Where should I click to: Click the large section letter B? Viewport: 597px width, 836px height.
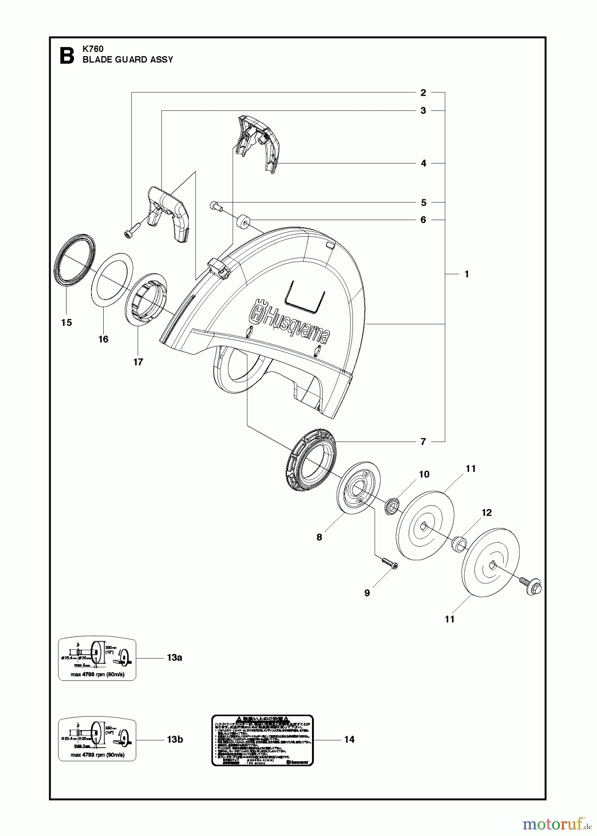click(67, 55)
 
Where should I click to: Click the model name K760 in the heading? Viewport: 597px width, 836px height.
click(93, 49)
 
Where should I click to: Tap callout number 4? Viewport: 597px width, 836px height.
click(423, 163)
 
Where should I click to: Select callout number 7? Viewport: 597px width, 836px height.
click(423, 442)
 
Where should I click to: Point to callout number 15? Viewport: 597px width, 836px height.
click(66, 323)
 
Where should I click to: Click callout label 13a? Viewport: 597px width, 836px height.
click(174, 658)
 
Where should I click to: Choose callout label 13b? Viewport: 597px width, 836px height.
click(175, 739)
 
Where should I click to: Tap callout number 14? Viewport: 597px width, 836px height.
click(349, 739)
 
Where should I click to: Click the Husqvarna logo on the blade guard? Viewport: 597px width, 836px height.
click(291, 321)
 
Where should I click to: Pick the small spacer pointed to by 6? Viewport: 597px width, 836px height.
click(243, 222)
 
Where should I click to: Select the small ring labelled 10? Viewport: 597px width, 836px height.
click(392, 506)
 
